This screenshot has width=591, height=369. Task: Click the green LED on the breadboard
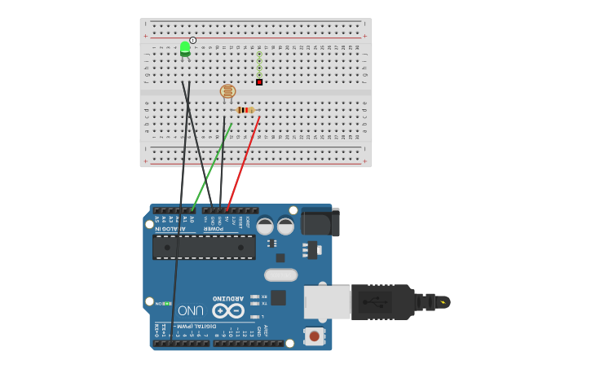coord(185,48)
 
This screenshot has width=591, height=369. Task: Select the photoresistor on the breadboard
coord(227,91)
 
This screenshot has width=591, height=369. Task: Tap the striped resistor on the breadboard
coord(245,110)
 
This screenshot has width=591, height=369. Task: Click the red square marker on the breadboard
coord(259,81)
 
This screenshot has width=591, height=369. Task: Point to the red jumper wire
coord(243,163)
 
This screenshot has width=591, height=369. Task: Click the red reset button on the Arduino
coord(313,336)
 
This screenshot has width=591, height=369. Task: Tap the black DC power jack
coord(320,222)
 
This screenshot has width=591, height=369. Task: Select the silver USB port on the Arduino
coord(326,301)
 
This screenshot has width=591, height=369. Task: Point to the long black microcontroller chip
coord(204,247)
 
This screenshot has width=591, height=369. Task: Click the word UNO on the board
coord(191,310)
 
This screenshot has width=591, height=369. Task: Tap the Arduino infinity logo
coord(228,310)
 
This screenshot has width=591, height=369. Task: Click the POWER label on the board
coord(213,229)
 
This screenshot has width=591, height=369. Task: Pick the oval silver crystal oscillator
coord(280,275)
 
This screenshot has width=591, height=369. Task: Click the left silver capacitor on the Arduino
coord(265,226)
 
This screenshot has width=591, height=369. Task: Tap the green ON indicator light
coord(167,304)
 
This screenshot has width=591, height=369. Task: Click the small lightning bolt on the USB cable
coord(443,302)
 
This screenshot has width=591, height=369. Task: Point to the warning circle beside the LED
coord(193,40)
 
